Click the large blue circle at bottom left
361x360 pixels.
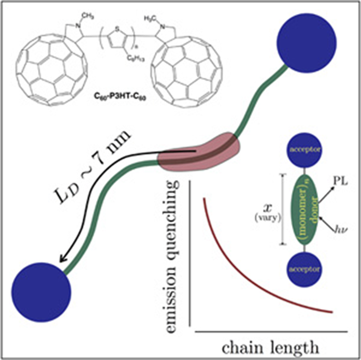pyautogui.click(x=42, y=289)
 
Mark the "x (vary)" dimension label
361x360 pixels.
pyautogui.click(x=271, y=210)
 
